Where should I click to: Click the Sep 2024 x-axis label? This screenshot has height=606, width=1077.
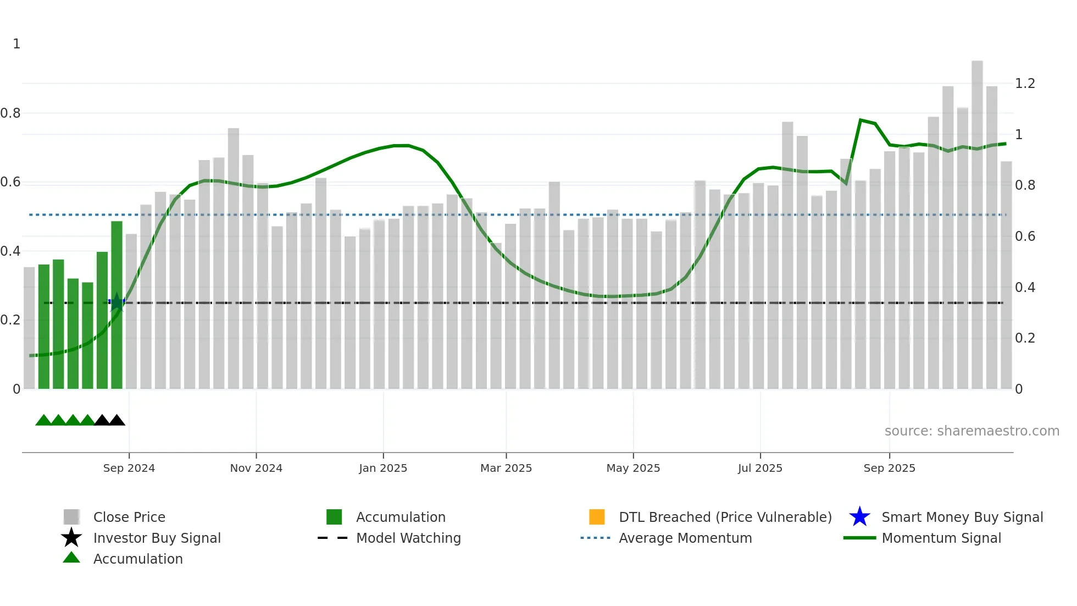coord(129,468)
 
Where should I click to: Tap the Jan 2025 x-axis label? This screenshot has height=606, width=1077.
coord(383,468)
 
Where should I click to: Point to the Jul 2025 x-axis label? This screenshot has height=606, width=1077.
coord(760,468)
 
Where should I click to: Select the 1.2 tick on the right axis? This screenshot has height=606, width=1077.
coord(1025,84)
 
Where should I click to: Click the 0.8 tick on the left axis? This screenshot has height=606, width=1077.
coord(10,113)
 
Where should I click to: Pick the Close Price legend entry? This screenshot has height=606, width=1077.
coord(129,517)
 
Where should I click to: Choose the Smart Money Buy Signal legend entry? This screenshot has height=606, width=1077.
coord(962,517)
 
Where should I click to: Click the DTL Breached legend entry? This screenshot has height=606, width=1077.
coord(725,517)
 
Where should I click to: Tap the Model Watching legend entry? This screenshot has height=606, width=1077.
coord(408,538)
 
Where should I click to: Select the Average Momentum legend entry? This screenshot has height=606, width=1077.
coord(685,538)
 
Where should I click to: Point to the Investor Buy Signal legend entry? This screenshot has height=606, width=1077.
coord(157,538)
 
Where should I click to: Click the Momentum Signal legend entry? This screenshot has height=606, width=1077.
coord(941,538)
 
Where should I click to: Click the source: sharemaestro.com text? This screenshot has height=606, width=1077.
coord(971,431)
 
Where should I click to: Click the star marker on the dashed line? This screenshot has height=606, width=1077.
coord(116,302)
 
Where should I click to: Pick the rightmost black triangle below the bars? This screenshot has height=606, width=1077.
coord(116,421)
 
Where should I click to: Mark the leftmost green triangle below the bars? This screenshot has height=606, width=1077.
coord(43,421)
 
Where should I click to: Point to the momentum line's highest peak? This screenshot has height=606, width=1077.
coord(861,119)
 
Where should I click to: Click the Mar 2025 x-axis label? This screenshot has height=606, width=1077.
coord(506,468)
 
